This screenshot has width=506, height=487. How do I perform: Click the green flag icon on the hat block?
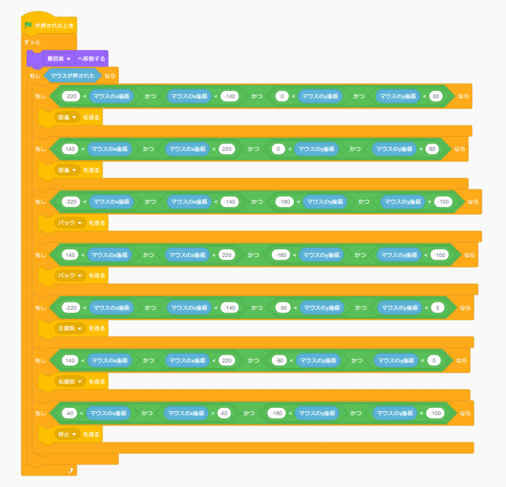pos(28,25)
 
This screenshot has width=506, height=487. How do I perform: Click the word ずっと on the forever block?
pos(32,42)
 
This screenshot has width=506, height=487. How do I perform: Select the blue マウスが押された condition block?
pos(72,76)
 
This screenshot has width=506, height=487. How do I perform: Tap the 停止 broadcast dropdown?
pos(67,434)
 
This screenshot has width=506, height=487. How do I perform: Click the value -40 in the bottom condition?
pos(69,413)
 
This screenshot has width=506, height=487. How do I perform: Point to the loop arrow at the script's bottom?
pos(69,470)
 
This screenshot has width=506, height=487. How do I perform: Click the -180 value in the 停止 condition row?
pos(277,413)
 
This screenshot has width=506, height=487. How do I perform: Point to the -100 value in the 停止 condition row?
pos(435,413)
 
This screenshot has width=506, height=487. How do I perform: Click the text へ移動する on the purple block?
pos(91,59)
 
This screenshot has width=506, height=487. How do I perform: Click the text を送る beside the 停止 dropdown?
pos(91,434)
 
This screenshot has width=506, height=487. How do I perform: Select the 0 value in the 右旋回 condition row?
pos(433,360)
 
